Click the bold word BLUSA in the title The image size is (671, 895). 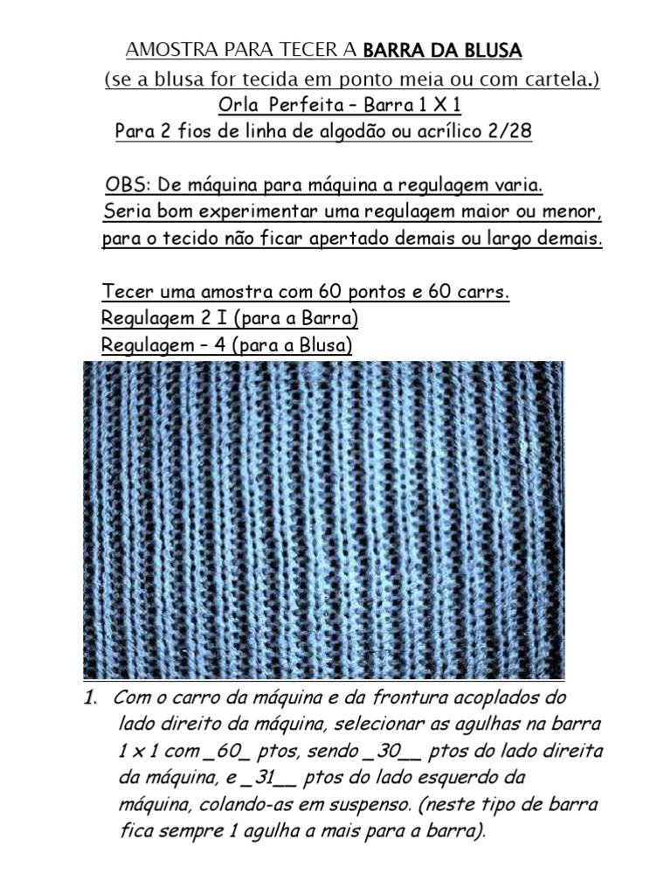click(x=488, y=51)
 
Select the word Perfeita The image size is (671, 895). click(x=304, y=106)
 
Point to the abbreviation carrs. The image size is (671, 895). click(x=485, y=291)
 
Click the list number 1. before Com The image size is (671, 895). click(x=89, y=699)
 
